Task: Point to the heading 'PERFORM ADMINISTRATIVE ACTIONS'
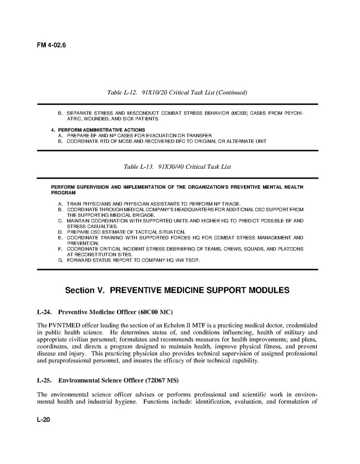click(101, 129)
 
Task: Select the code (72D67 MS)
click(163, 381)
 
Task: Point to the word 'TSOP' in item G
click(190, 260)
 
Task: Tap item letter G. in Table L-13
click(60, 260)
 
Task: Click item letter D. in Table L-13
click(60, 232)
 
